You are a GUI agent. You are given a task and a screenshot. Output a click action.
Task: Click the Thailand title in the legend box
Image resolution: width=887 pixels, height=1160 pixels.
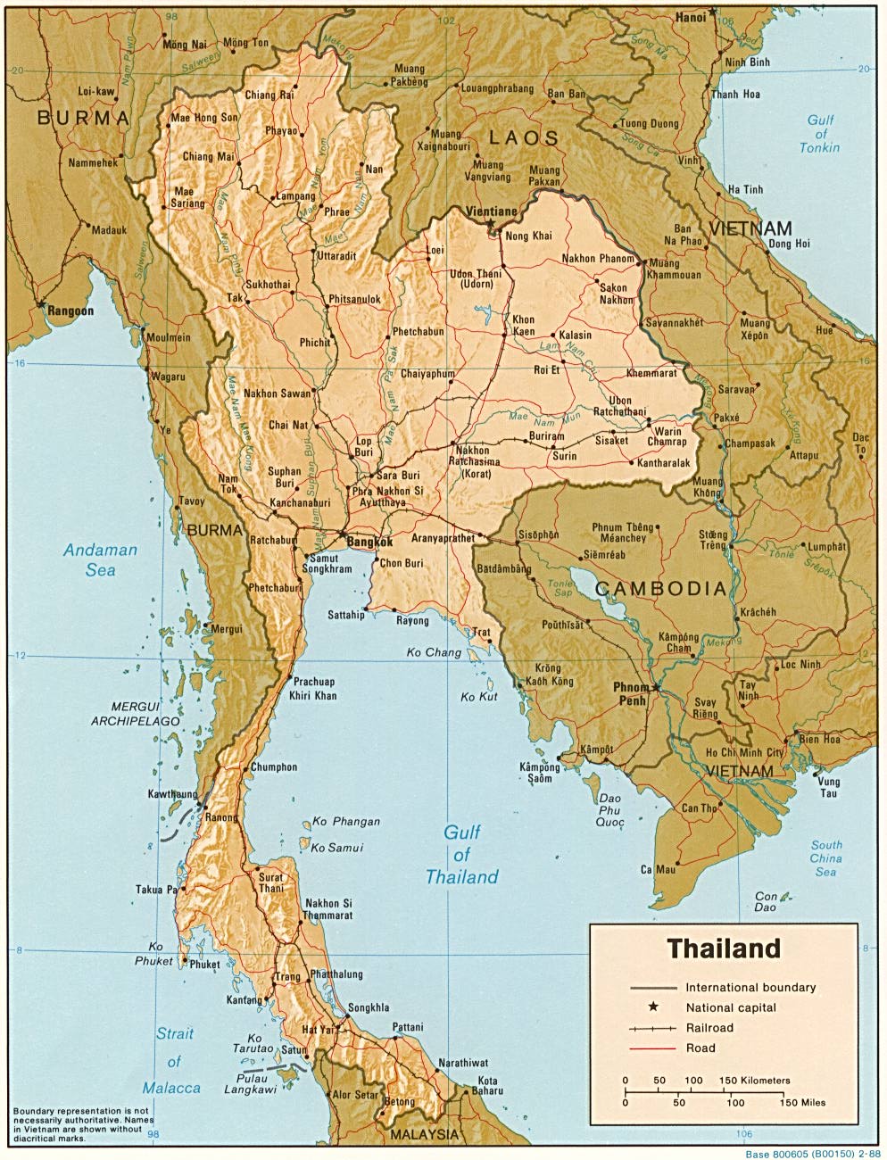click(x=724, y=948)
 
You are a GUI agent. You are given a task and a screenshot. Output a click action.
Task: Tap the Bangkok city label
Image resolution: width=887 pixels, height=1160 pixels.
click(x=367, y=542)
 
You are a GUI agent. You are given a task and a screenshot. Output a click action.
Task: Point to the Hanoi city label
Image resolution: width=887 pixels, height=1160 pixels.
click(x=691, y=16)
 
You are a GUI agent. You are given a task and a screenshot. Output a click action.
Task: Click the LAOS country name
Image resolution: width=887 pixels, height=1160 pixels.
click(x=523, y=138)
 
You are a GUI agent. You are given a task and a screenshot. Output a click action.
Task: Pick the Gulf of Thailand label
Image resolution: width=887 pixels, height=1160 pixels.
click(x=461, y=855)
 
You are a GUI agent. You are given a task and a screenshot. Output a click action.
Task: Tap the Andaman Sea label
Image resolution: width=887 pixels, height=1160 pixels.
click(x=100, y=559)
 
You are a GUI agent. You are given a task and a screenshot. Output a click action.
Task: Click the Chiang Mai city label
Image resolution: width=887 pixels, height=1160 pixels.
click(x=210, y=157)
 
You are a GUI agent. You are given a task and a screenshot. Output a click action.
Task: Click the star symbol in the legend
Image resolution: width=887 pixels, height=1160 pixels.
click(x=653, y=1007)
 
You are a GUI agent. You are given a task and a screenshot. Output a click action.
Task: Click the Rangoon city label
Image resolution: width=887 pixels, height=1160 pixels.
click(x=70, y=311)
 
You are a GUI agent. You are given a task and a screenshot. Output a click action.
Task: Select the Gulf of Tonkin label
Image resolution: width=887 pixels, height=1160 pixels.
click(x=820, y=133)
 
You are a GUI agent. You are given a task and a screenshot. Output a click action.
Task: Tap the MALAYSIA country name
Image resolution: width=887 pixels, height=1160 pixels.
click(x=423, y=1134)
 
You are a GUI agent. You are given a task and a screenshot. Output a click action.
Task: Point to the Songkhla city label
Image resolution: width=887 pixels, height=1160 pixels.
click(x=369, y=1007)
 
